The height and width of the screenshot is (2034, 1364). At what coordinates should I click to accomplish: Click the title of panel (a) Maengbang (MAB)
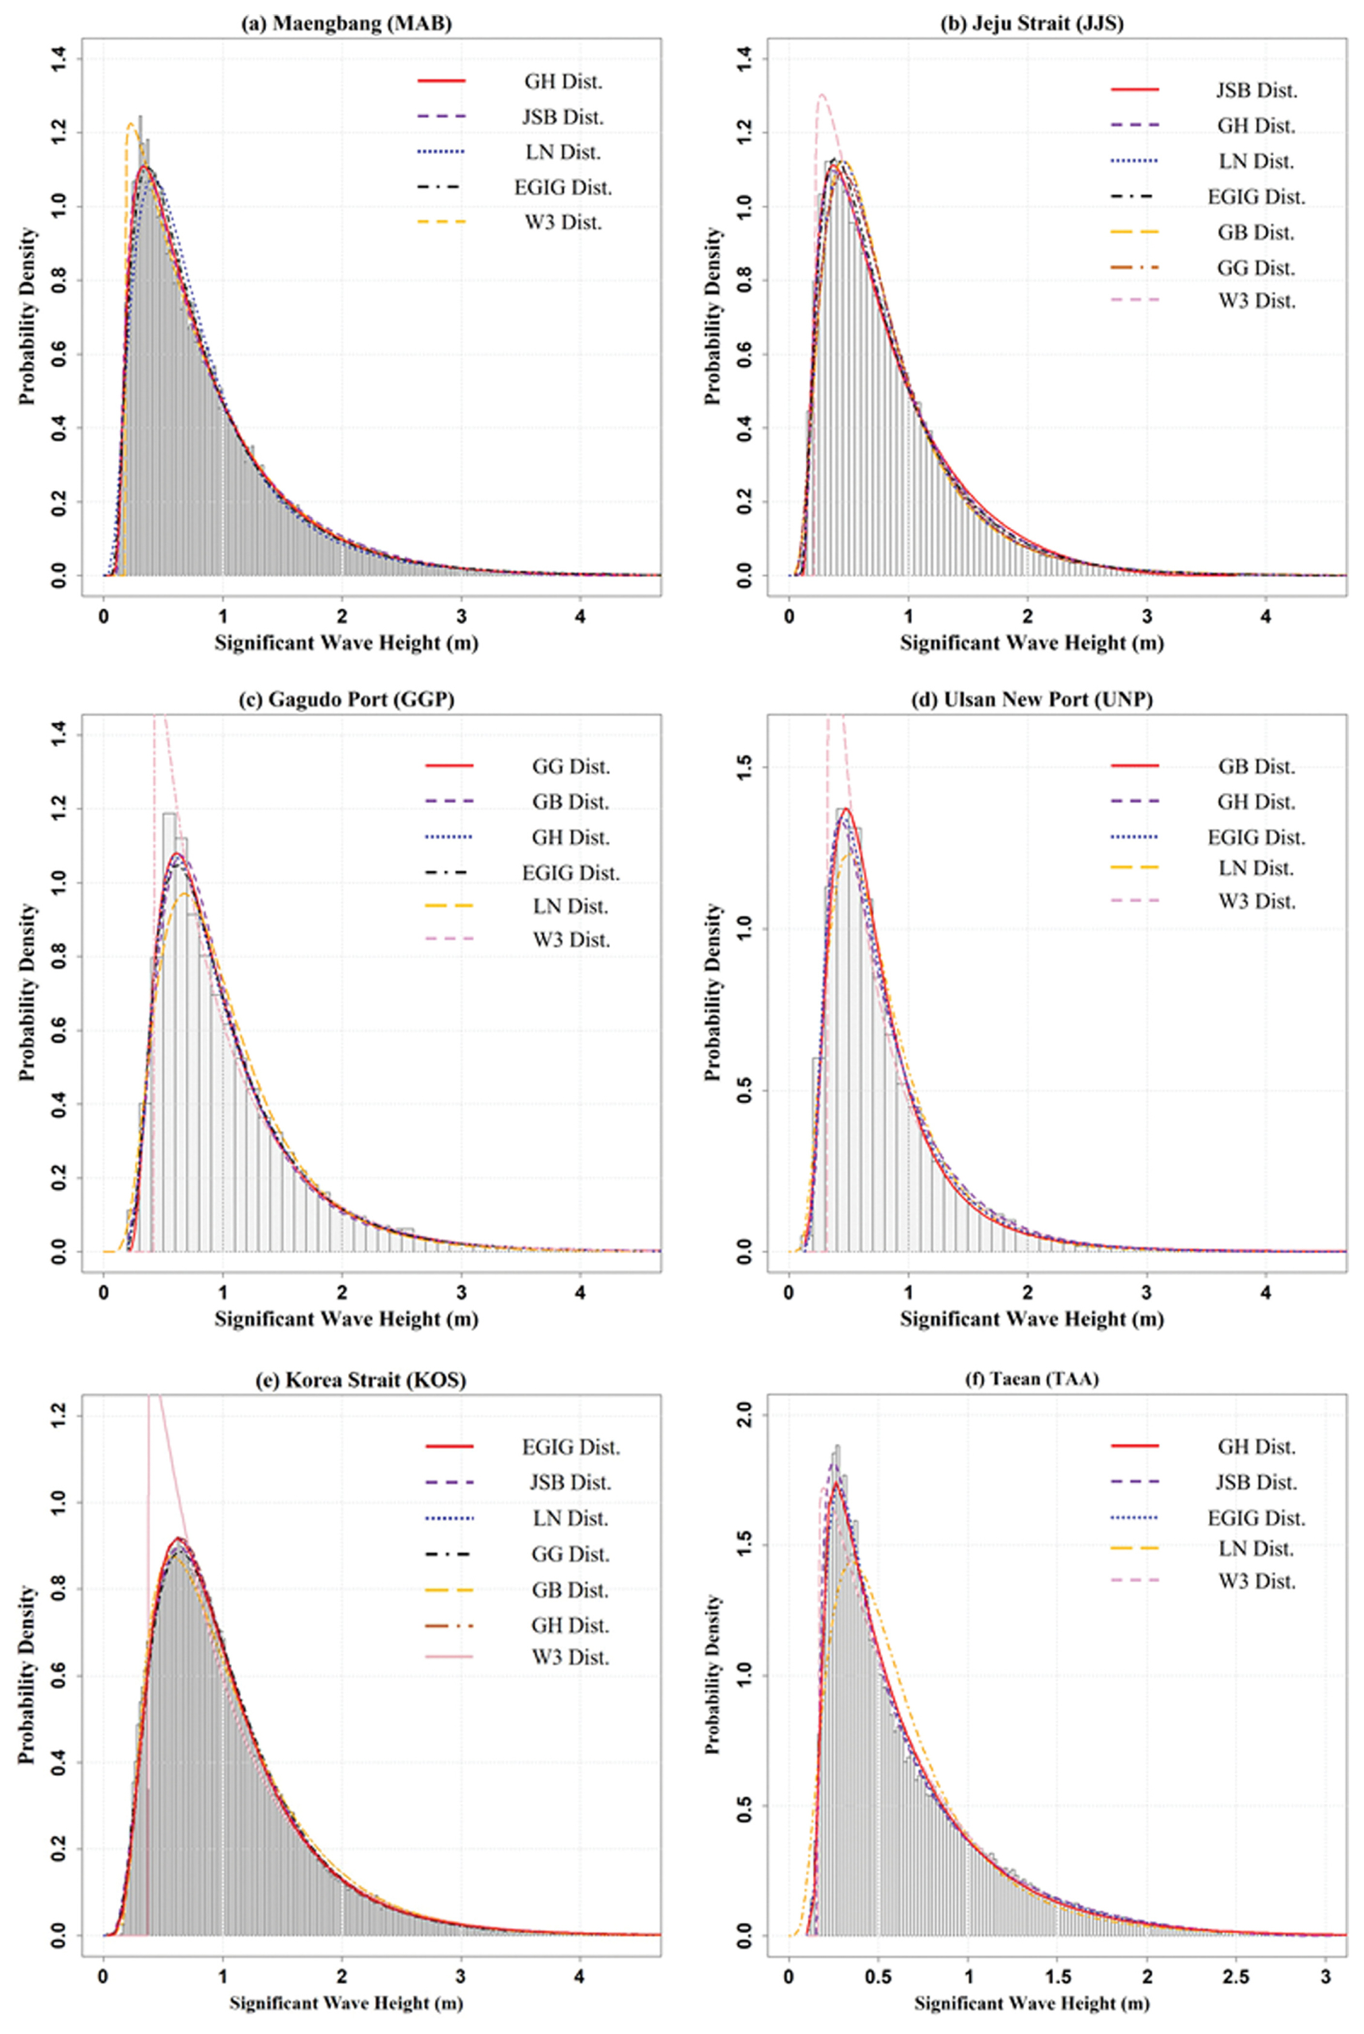coord(346,23)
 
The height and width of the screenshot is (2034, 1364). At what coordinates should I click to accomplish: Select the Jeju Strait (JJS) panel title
coord(1032,23)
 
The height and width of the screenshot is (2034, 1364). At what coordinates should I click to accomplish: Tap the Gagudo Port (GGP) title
coord(346,699)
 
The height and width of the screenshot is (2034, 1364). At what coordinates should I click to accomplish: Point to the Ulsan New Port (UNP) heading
coord(1032,699)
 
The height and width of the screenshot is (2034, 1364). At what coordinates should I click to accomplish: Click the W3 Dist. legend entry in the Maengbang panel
coord(563,223)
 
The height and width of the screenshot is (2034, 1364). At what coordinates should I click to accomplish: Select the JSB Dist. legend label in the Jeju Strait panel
coord(1256,91)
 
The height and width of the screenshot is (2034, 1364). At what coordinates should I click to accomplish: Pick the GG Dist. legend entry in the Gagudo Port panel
coord(571,766)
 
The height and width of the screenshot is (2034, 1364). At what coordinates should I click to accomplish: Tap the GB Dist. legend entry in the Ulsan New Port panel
coord(1256,766)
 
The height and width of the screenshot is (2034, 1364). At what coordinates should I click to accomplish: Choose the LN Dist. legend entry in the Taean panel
coord(1256,1548)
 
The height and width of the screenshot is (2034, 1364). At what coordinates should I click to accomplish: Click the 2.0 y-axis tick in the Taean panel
coord(744,1415)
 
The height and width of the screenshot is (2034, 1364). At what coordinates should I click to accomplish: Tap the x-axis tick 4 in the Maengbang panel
coord(580,616)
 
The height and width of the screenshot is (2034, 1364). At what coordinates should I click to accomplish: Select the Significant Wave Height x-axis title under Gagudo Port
coord(346,1318)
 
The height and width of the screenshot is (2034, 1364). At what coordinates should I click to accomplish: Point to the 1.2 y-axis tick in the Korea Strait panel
coord(59,1416)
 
